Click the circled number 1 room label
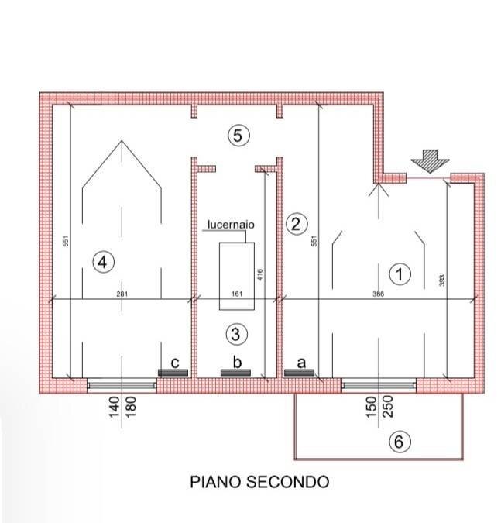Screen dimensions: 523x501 pyautogui.click(x=400, y=273)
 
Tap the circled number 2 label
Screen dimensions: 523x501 pyautogui.click(x=293, y=225)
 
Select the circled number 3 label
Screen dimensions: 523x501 pyautogui.click(x=236, y=334)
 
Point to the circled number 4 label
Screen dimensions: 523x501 pyautogui.click(x=103, y=262)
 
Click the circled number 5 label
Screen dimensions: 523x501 pyautogui.click(x=238, y=136)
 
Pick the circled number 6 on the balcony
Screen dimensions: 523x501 pyautogui.click(x=398, y=442)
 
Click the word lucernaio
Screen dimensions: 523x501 pyautogui.click(x=231, y=225)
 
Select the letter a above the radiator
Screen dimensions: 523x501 pyautogui.click(x=302, y=361)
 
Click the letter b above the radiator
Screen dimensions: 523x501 pyautogui.click(x=238, y=361)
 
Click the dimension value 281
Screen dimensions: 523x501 pyautogui.click(x=121, y=293)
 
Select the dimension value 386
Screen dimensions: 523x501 pyautogui.click(x=377, y=293)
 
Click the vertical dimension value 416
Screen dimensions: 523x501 pyautogui.click(x=260, y=274)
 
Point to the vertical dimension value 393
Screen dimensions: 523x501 pyautogui.click(x=442, y=280)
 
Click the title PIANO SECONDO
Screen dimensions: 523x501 pyautogui.click(x=259, y=482)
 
